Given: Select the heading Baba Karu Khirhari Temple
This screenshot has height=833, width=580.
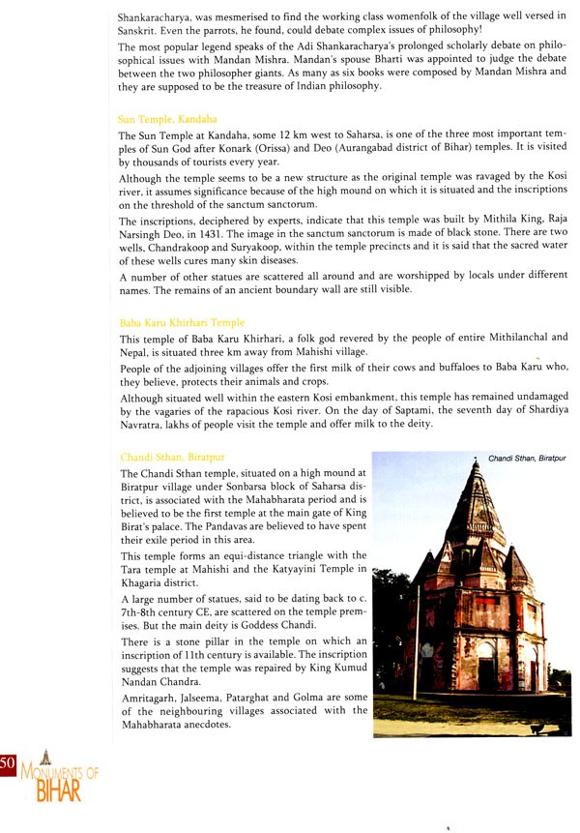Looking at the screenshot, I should point(182,322).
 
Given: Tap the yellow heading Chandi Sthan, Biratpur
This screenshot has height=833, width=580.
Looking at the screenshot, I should point(174,456).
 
